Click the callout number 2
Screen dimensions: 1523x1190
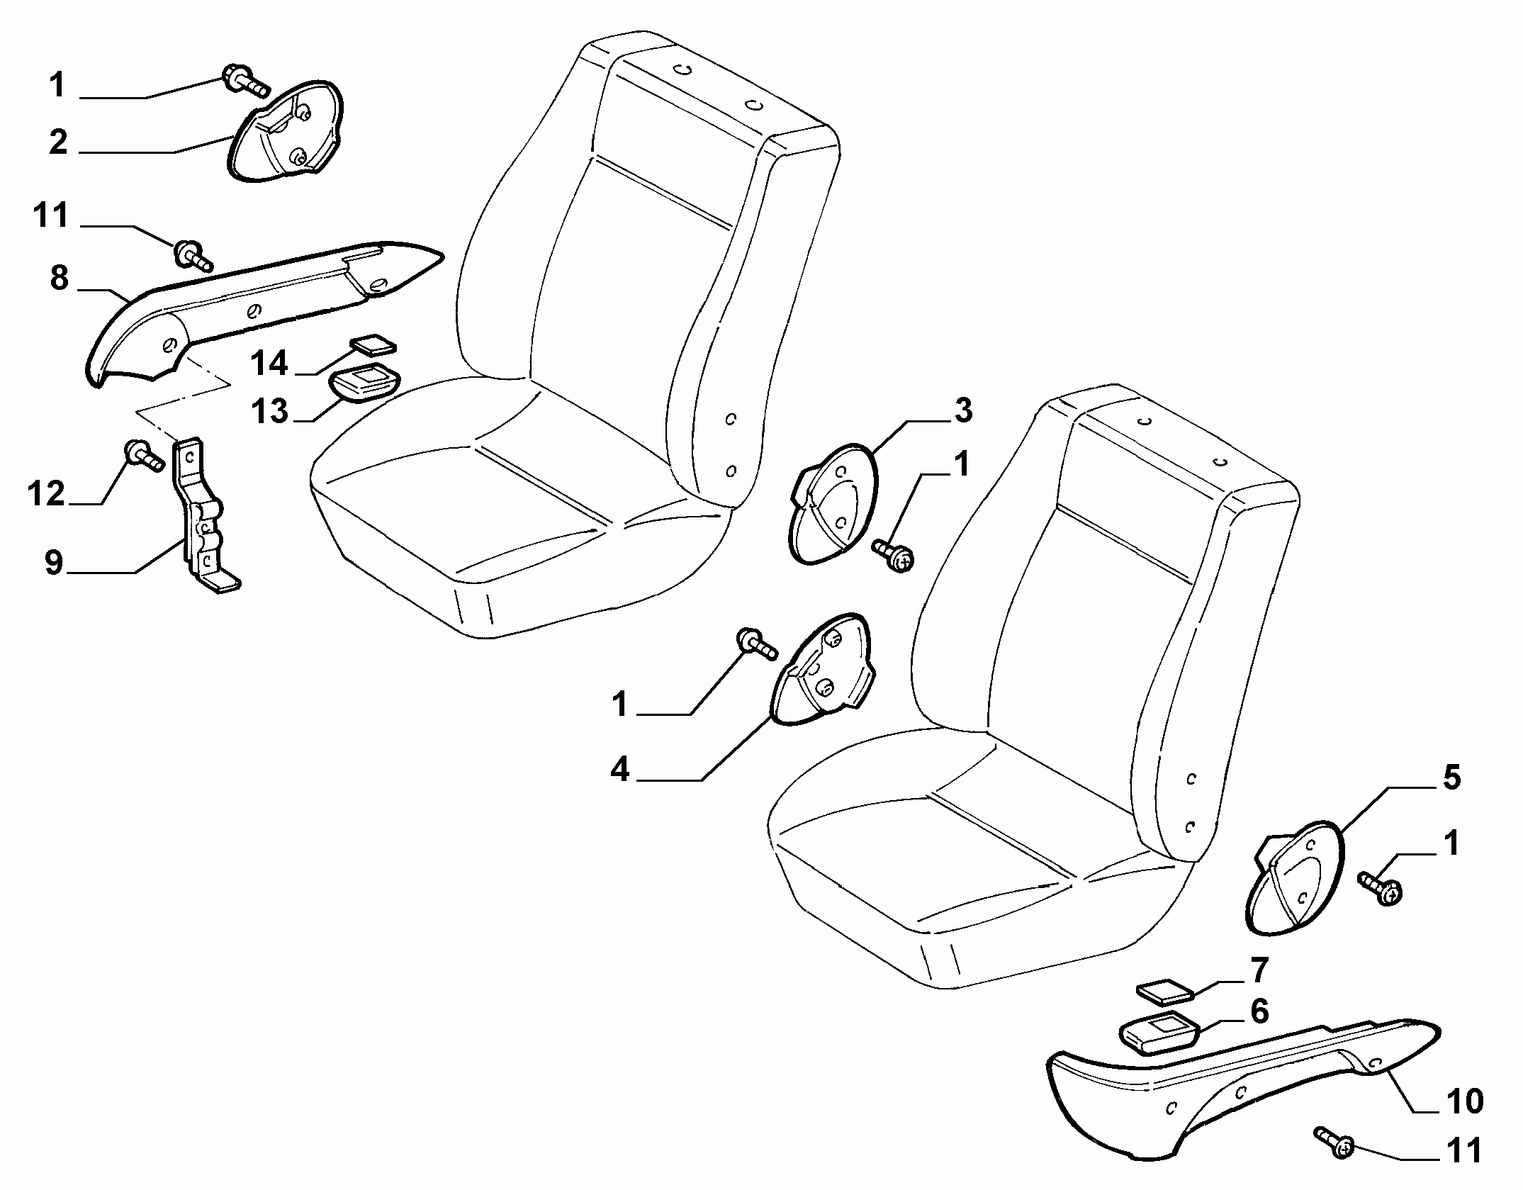tap(59, 142)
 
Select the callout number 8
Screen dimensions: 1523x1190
tap(60, 278)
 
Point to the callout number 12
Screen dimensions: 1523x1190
tap(47, 493)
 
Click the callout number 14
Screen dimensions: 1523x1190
tap(269, 364)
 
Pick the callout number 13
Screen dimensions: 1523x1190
tap(269, 411)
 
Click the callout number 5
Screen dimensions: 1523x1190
tap(1451, 778)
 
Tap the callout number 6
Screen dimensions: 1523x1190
tap(1259, 1011)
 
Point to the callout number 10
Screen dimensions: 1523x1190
tap(1464, 1101)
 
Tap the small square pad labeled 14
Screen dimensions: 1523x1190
tap(374, 344)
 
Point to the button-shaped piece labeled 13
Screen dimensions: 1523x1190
tap(364, 381)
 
